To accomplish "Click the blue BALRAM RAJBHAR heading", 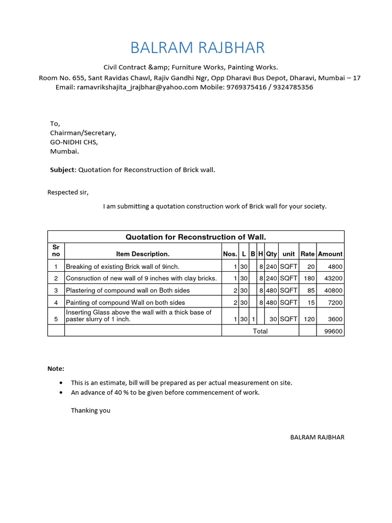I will coord(198,48).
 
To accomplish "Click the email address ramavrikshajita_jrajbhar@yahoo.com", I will coord(137,87).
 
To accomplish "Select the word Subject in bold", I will coord(62,170).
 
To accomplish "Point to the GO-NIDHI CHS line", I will coord(73,142).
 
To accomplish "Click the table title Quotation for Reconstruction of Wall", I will coord(196,236).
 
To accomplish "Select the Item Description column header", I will coord(143,254).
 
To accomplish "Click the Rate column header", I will coord(307,254).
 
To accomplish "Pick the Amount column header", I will coord(330,254).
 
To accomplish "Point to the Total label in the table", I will coord(260,331).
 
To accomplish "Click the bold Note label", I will coord(56,369).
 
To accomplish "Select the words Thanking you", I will coord(90,410).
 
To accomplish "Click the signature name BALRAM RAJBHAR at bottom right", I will coord(317,438).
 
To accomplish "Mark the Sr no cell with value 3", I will coord(56,291).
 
